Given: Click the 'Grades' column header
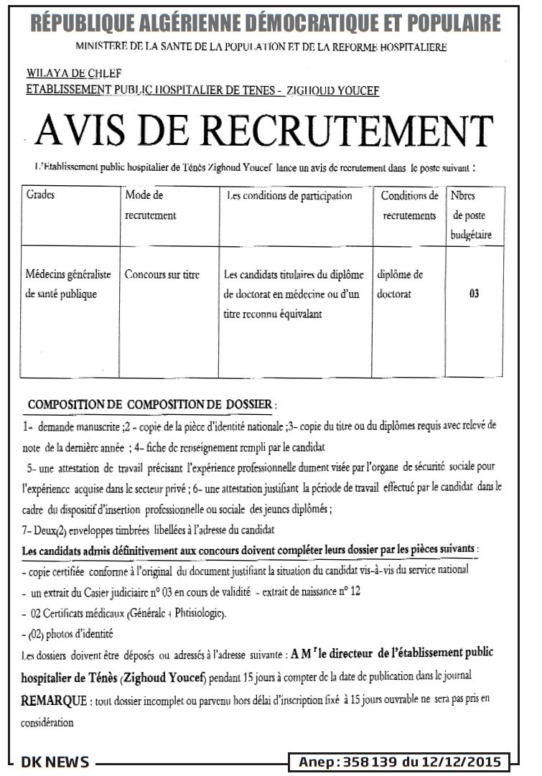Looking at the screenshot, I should [40, 195].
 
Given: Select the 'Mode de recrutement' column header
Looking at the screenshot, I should [150, 205].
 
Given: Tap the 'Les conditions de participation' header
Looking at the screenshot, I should [289, 195].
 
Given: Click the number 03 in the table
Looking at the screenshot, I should [474, 294].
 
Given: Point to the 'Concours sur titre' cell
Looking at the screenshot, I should [162, 274].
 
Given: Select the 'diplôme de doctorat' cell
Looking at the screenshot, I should [400, 284].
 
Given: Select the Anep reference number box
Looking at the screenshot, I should [400, 762].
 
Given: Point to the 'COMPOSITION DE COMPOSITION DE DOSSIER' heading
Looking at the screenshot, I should [151, 406].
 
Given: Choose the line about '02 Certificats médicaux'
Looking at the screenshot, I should [123, 614].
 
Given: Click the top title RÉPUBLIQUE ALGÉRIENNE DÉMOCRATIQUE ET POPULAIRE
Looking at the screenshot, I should [266, 24].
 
